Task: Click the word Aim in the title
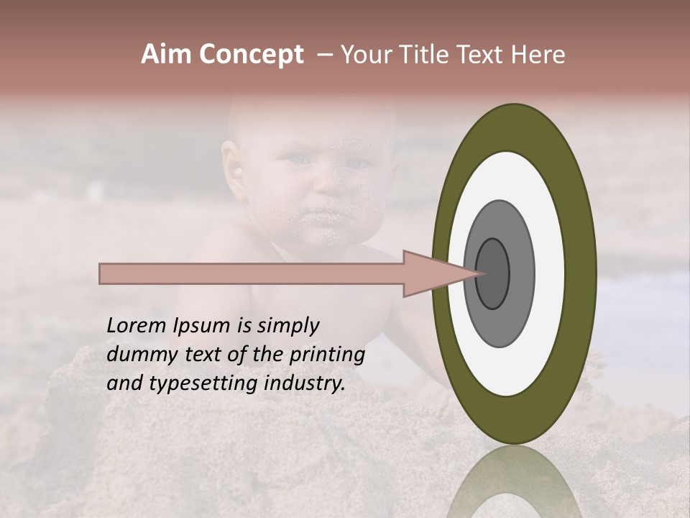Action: coord(167,55)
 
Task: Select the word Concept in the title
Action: coord(251,55)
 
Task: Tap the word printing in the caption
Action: coord(327,355)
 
